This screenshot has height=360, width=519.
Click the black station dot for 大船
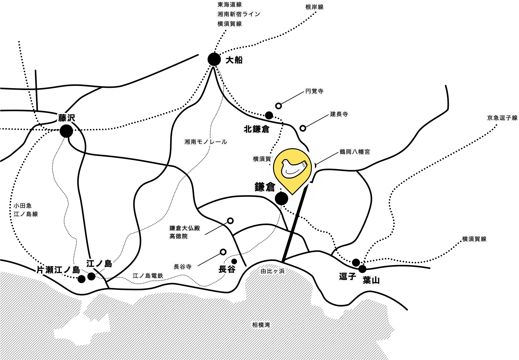pyautogui.click(x=214, y=59)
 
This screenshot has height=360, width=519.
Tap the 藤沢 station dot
pyautogui.click(x=66, y=131)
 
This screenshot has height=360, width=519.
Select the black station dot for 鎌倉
pyautogui.click(x=281, y=198)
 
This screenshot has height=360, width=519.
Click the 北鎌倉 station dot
pyautogui.click(x=269, y=115)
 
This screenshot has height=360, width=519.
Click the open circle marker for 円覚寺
pyautogui.click(x=279, y=106)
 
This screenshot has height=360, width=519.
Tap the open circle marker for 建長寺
pyautogui.click(x=303, y=128)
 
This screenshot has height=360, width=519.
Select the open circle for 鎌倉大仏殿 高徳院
pyautogui.click(x=230, y=221)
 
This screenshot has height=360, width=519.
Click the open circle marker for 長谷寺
pyautogui.click(x=223, y=252)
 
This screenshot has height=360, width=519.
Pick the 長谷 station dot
pyautogui.click(x=234, y=261)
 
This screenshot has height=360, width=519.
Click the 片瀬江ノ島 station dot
pyautogui.click(x=81, y=279)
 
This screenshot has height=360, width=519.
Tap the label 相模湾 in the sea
pyautogui.click(x=261, y=325)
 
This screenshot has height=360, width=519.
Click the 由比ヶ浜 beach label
pyautogui.click(x=273, y=271)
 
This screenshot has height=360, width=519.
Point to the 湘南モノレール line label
pyautogui.click(x=206, y=142)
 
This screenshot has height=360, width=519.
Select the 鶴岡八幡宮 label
pyautogui.click(x=355, y=152)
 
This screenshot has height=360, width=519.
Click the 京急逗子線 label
pyautogui.click(x=502, y=118)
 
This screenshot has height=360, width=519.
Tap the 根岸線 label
pyautogui.click(x=314, y=7)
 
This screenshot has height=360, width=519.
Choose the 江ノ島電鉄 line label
pyautogui.click(x=148, y=276)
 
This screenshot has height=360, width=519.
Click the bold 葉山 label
pyautogui.click(x=371, y=280)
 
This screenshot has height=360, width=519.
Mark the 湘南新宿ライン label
pyautogui.click(x=239, y=14)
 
